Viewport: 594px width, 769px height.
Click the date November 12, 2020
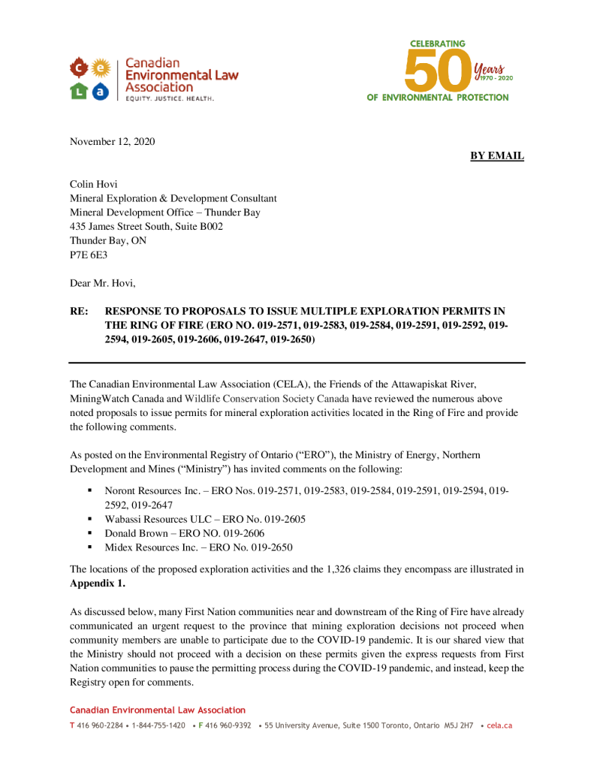112,141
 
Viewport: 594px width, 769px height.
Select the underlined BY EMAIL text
496,155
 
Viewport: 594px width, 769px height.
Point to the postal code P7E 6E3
89,255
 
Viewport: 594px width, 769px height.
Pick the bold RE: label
80,311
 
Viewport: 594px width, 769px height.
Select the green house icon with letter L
78,91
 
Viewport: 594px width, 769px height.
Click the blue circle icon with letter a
101,91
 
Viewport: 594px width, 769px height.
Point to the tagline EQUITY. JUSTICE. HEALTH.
169,99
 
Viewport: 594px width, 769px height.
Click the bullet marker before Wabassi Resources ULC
89,518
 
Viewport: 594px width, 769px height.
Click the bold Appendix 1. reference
98,583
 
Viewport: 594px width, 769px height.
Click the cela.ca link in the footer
499,726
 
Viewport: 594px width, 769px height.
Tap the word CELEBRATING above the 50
438,44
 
